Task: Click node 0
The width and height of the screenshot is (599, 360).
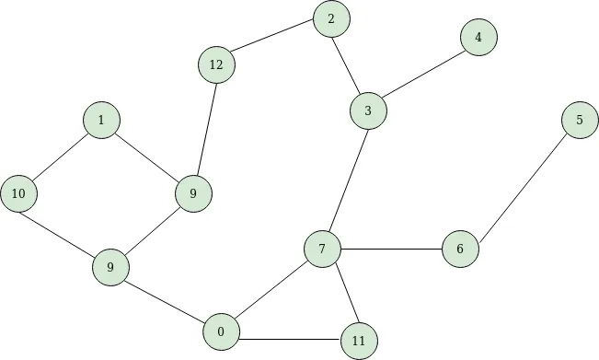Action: pyautogui.click(x=221, y=331)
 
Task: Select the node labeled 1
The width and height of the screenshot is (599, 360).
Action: pyautogui.click(x=101, y=120)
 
